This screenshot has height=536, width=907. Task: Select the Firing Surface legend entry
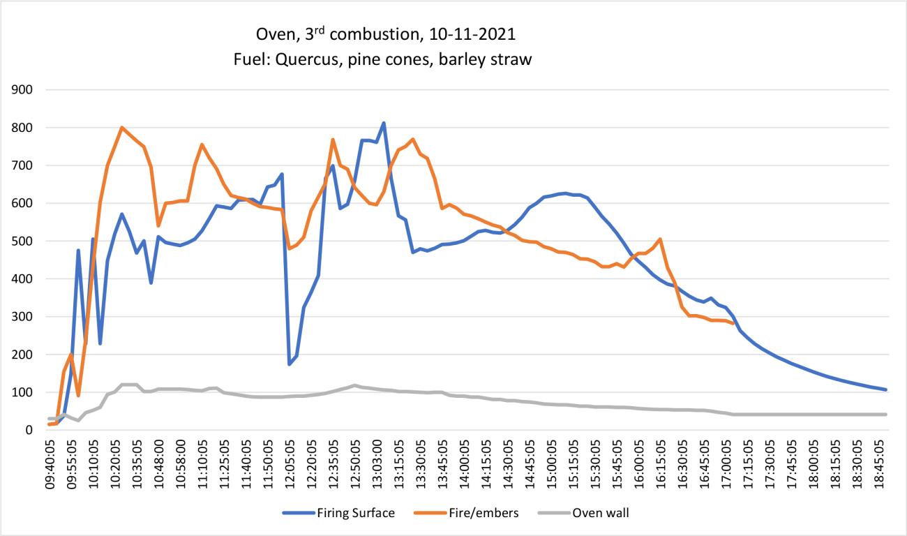[338, 513]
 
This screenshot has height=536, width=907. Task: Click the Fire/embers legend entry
[474, 513]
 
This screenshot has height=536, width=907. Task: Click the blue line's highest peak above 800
[384, 124]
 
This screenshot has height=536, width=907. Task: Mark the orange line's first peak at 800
[122, 128]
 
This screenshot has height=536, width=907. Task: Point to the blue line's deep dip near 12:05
[289, 364]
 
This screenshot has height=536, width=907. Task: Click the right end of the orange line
[732, 323]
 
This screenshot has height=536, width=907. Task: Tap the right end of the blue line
[886, 389]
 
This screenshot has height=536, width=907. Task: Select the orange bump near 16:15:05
[660, 240]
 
